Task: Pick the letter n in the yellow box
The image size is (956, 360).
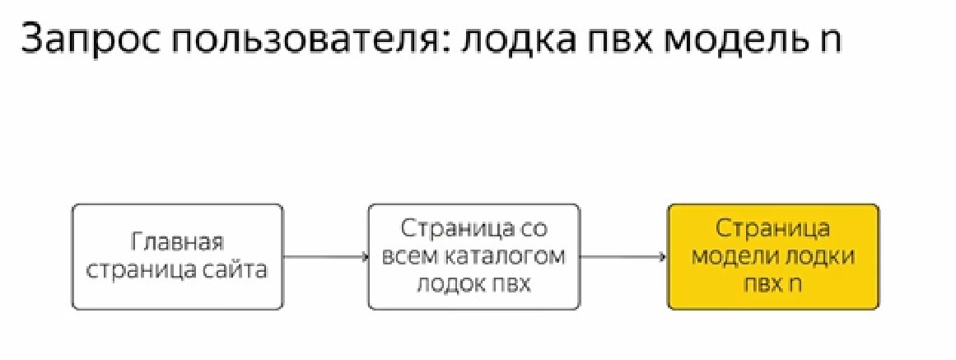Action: [x=795, y=283]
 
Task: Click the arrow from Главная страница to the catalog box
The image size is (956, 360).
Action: [x=326, y=257]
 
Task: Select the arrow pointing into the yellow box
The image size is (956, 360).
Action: [x=623, y=257]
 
